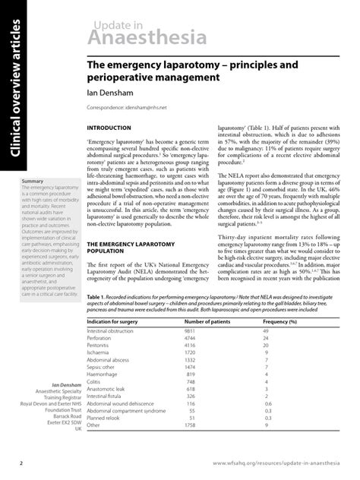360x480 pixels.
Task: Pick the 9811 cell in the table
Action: coord(190,332)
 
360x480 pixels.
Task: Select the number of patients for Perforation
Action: coord(190,339)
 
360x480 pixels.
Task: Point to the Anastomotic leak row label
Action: coord(109,390)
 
